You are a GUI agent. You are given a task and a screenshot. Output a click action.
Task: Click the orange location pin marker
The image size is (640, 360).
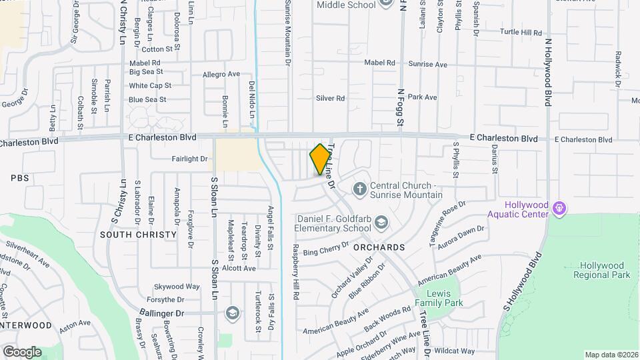pyautogui.click(x=321, y=159)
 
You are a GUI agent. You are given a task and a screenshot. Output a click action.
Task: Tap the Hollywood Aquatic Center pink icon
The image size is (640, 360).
pyautogui.click(x=559, y=209)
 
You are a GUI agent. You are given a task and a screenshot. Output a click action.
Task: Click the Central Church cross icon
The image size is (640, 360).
pyautogui.click(x=360, y=189)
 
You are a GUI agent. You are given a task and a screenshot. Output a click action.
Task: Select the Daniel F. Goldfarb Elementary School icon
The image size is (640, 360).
pyautogui.click(x=381, y=222)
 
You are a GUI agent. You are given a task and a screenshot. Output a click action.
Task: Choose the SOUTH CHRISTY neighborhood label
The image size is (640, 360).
pyautogui.click(x=138, y=235)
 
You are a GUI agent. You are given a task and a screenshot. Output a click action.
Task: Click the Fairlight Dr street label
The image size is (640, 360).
pyautogui.click(x=190, y=159)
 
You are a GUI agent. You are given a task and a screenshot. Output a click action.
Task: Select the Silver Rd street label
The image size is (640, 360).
pyautogui.click(x=331, y=98)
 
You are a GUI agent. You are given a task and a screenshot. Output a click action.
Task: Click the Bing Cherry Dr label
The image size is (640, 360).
pyautogui.click(x=326, y=251)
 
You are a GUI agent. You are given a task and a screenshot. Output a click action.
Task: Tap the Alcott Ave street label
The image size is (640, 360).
pyautogui.click(x=239, y=268)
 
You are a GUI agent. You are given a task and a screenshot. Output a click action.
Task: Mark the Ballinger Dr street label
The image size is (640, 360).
pyautogui.click(x=161, y=313)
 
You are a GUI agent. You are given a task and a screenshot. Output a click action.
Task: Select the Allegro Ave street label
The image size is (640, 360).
pyautogui.click(x=221, y=74)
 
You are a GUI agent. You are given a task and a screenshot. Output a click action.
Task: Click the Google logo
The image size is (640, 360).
pyautogui.click(x=22, y=351)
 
